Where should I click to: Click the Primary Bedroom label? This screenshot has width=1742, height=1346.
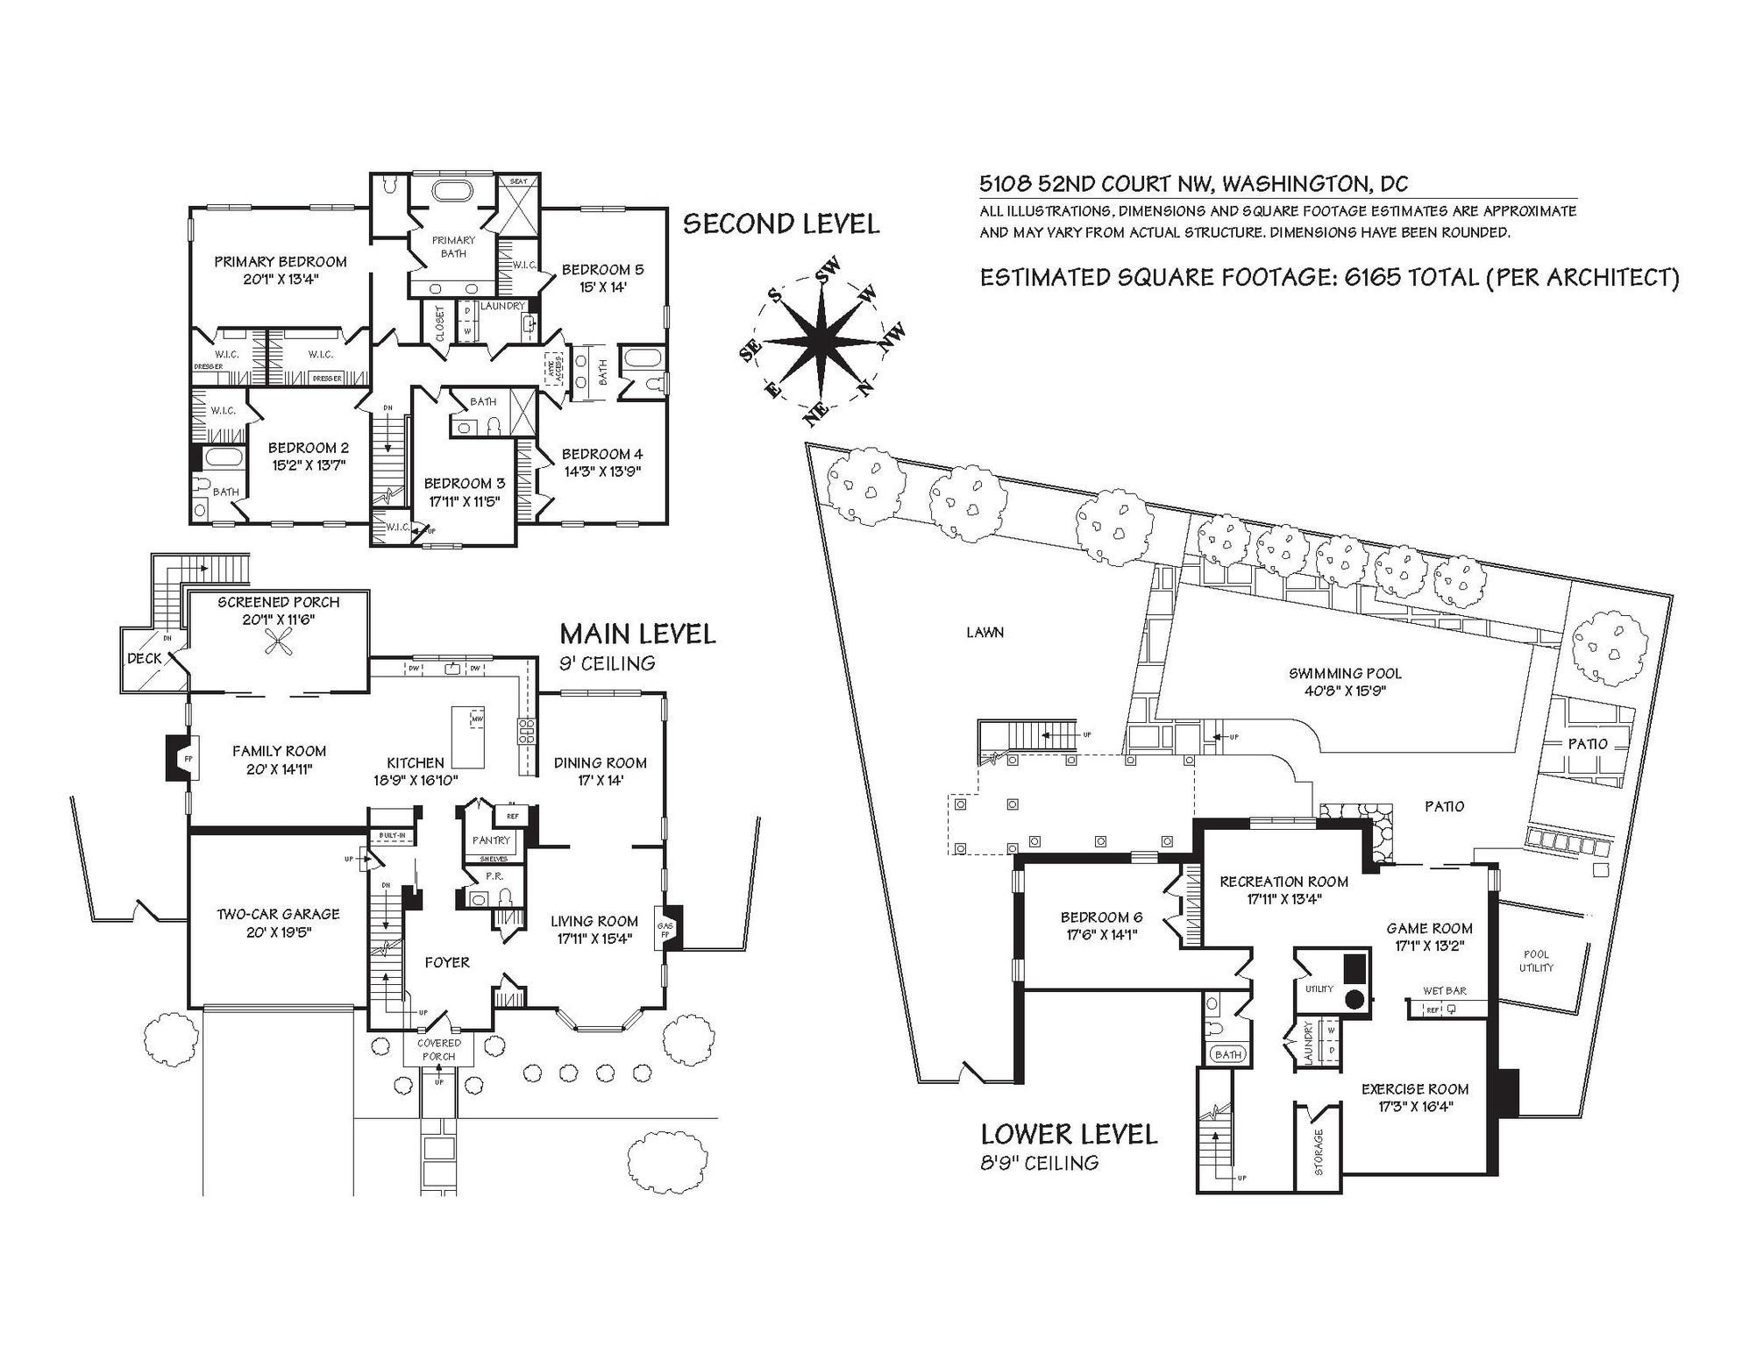tap(280, 261)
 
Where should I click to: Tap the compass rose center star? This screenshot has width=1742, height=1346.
tap(821, 343)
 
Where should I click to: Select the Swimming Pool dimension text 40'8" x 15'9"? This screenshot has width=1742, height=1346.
tap(1345, 691)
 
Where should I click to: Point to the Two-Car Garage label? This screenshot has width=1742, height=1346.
tap(278, 914)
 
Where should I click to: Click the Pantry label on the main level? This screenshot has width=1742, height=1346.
tap(491, 840)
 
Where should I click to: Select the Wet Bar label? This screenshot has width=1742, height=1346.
tap(1444, 990)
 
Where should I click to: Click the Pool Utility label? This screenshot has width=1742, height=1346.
tap(1536, 960)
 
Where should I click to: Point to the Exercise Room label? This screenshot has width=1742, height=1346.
tap(1414, 1089)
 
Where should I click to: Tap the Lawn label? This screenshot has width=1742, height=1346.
tap(985, 632)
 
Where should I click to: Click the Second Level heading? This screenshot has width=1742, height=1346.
tap(780, 224)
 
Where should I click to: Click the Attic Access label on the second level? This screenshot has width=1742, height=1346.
tap(552, 371)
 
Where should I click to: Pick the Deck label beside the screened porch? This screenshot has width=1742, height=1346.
tap(145, 658)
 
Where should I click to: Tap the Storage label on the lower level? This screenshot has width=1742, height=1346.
tap(1319, 1151)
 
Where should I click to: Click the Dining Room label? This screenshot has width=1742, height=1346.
tap(600, 762)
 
